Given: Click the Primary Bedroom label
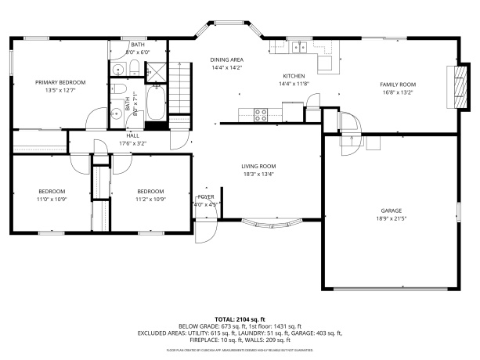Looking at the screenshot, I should pyautogui.click(x=60, y=82).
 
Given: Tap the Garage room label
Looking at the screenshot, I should pyautogui.click(x=391, y=211).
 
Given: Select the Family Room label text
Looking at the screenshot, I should pyautogui.click(x=398, y=84).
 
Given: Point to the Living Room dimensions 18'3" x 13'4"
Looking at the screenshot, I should pyautogui.click(x=258, y=175).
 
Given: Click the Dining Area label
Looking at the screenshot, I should pyautogui.click(x=226, y=59).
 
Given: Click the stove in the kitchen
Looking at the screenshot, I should pyautogui.click(x=261, y=113).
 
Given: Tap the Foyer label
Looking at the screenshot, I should pyautogui.click(x=206, y=196).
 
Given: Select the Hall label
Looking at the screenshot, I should pyautogui.click(x=132, y=135).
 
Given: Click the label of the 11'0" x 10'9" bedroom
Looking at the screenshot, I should pyautogui.click(x=52, y=191).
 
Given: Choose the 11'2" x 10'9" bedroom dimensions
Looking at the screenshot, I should pyautogui.click(x=150, y=199).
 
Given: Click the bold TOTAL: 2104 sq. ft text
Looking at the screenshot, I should pyautogui.click(x=240, y=319).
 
